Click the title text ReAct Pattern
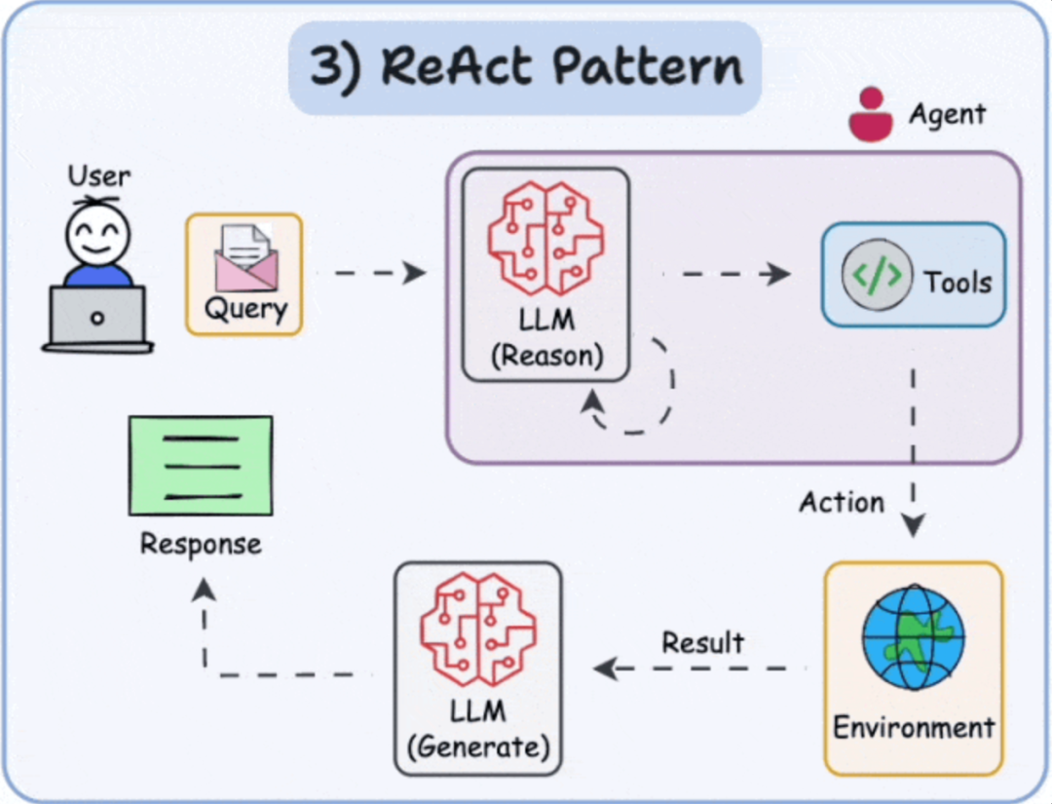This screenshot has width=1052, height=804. pyautogui.click(x=526, y=66)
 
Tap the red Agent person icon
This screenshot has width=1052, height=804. pyautogui.click(x=870, y=115)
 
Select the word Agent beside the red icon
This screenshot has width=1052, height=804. pyautogui.click(x=947, y=114)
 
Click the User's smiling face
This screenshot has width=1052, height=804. pyautogui.click(x=97, y=234)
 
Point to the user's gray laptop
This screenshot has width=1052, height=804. pyautogui.click(x=97, y=318)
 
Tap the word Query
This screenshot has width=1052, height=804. pyautogui.click(x=245, y=310)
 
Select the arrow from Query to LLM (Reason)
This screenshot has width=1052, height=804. pyautogui.click(x=380, y=273)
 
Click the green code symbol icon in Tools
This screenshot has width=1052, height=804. pyautogui.click(x=877, y=276)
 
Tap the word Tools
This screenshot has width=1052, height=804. pyautogui.click(x=958, y=283)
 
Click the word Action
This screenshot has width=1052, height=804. pyautogui.click(x=842, y=503)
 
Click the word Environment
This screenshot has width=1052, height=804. pyautogui.click(x=914, y=727)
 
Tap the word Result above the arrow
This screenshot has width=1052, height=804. pyautogui.click(x=702, y=642)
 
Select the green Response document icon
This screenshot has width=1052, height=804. pyautogui.click(x=201, y=465)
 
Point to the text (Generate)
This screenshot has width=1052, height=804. pyautogui.click(x=478, y=748)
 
